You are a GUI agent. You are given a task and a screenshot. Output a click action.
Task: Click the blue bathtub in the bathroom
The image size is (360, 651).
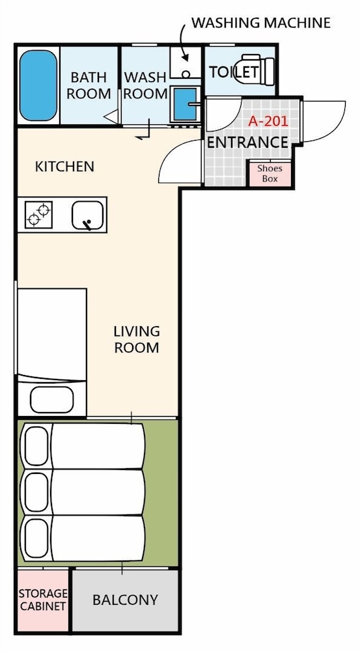pyautogui.click(x=38, y=85)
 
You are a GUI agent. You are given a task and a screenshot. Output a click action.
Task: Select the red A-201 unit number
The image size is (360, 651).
pyautogui.click(x=268, y=121)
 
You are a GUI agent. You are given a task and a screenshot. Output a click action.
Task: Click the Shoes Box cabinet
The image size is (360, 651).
pyautogui.click(x=270, y=174)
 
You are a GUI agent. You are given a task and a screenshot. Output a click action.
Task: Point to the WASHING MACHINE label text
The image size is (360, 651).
pyautogui.click(x=261, y=23)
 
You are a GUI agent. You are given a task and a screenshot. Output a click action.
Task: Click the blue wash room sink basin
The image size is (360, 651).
pyautogui.click(x=185, y=104)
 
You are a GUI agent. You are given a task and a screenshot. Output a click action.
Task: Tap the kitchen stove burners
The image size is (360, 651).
pyautogui.click(x=38, y=214)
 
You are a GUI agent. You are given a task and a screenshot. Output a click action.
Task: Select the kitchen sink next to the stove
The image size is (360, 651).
pyautogui.click(x=87, y=215)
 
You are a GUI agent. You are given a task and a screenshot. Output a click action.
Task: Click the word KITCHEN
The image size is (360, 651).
pyautogui.click(x=64, y=167)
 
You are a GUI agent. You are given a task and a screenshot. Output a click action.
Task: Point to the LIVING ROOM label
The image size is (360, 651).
pyautogui.click(x=137, y=340)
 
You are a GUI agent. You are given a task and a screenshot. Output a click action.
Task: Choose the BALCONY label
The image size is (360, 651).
pyautogui.click(x=125, y=600)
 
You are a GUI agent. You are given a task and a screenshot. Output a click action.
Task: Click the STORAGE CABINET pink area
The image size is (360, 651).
pyautogui.click(x=43, y=600)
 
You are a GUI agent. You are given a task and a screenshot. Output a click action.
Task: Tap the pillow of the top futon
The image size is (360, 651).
pyautogui.click(x=36, y=446)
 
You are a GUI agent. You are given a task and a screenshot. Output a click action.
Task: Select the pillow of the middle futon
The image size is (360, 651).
pyautogui.click(x=36, y=492)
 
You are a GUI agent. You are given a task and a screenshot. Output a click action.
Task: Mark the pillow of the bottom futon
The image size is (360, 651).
pyautogui.click(x=36, y=539)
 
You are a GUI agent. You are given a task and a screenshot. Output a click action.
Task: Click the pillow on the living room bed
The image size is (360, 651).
pyautogui.click(x=52, y=400)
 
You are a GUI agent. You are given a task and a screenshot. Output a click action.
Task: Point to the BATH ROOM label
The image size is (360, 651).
pyautogui.click(x=89, y=85)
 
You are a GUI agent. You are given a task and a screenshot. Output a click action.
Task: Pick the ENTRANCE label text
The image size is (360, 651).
pyautogui.click(x=247, y=143)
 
